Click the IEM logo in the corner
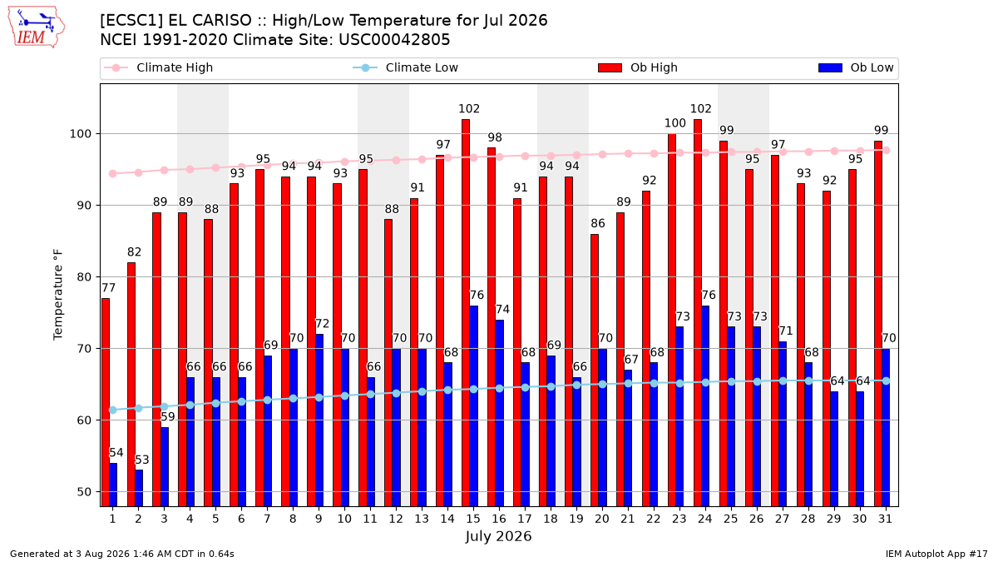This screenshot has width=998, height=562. pyautogui.click(x=37, y=27)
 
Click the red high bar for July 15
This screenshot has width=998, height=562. pyautogui.click(x=466, y=313)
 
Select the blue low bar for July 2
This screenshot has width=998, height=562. pyautogui.click(x=139, y=488)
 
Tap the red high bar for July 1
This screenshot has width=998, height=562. pyautogui.click(x=105, y=402)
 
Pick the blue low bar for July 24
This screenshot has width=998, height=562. pyautogui.click(x=705, y=406)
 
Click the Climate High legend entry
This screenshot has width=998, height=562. pyautogui.click(x=158, y=67)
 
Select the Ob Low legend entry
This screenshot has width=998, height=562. pyautogui.click(x=856, y=67)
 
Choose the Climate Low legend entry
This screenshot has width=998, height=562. pyautogui.click(x=406, y=67)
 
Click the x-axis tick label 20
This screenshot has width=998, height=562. pyautogui.click(x=602, y=519)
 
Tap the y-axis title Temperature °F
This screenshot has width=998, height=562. pyautogui.click(x=58, y=295)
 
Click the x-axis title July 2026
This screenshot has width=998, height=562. pyautogui.click(x=498, y=536)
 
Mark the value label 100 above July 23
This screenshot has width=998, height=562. pyautogui.click(x=675, y=123)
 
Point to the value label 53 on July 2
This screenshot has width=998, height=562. pyautogui.click(x=142, y=460)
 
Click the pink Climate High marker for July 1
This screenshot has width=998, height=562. pyautogui.click(x=113, y=173)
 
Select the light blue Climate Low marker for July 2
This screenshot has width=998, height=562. pyautogui.click(x=139, y=408)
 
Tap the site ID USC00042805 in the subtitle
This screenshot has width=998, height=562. pyautogui.click(x=394, y=40)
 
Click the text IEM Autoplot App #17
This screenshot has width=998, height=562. pyautogui.click(x=936, y=554)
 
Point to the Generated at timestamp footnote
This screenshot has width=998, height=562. pyautogui.click(x=122, y=554)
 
